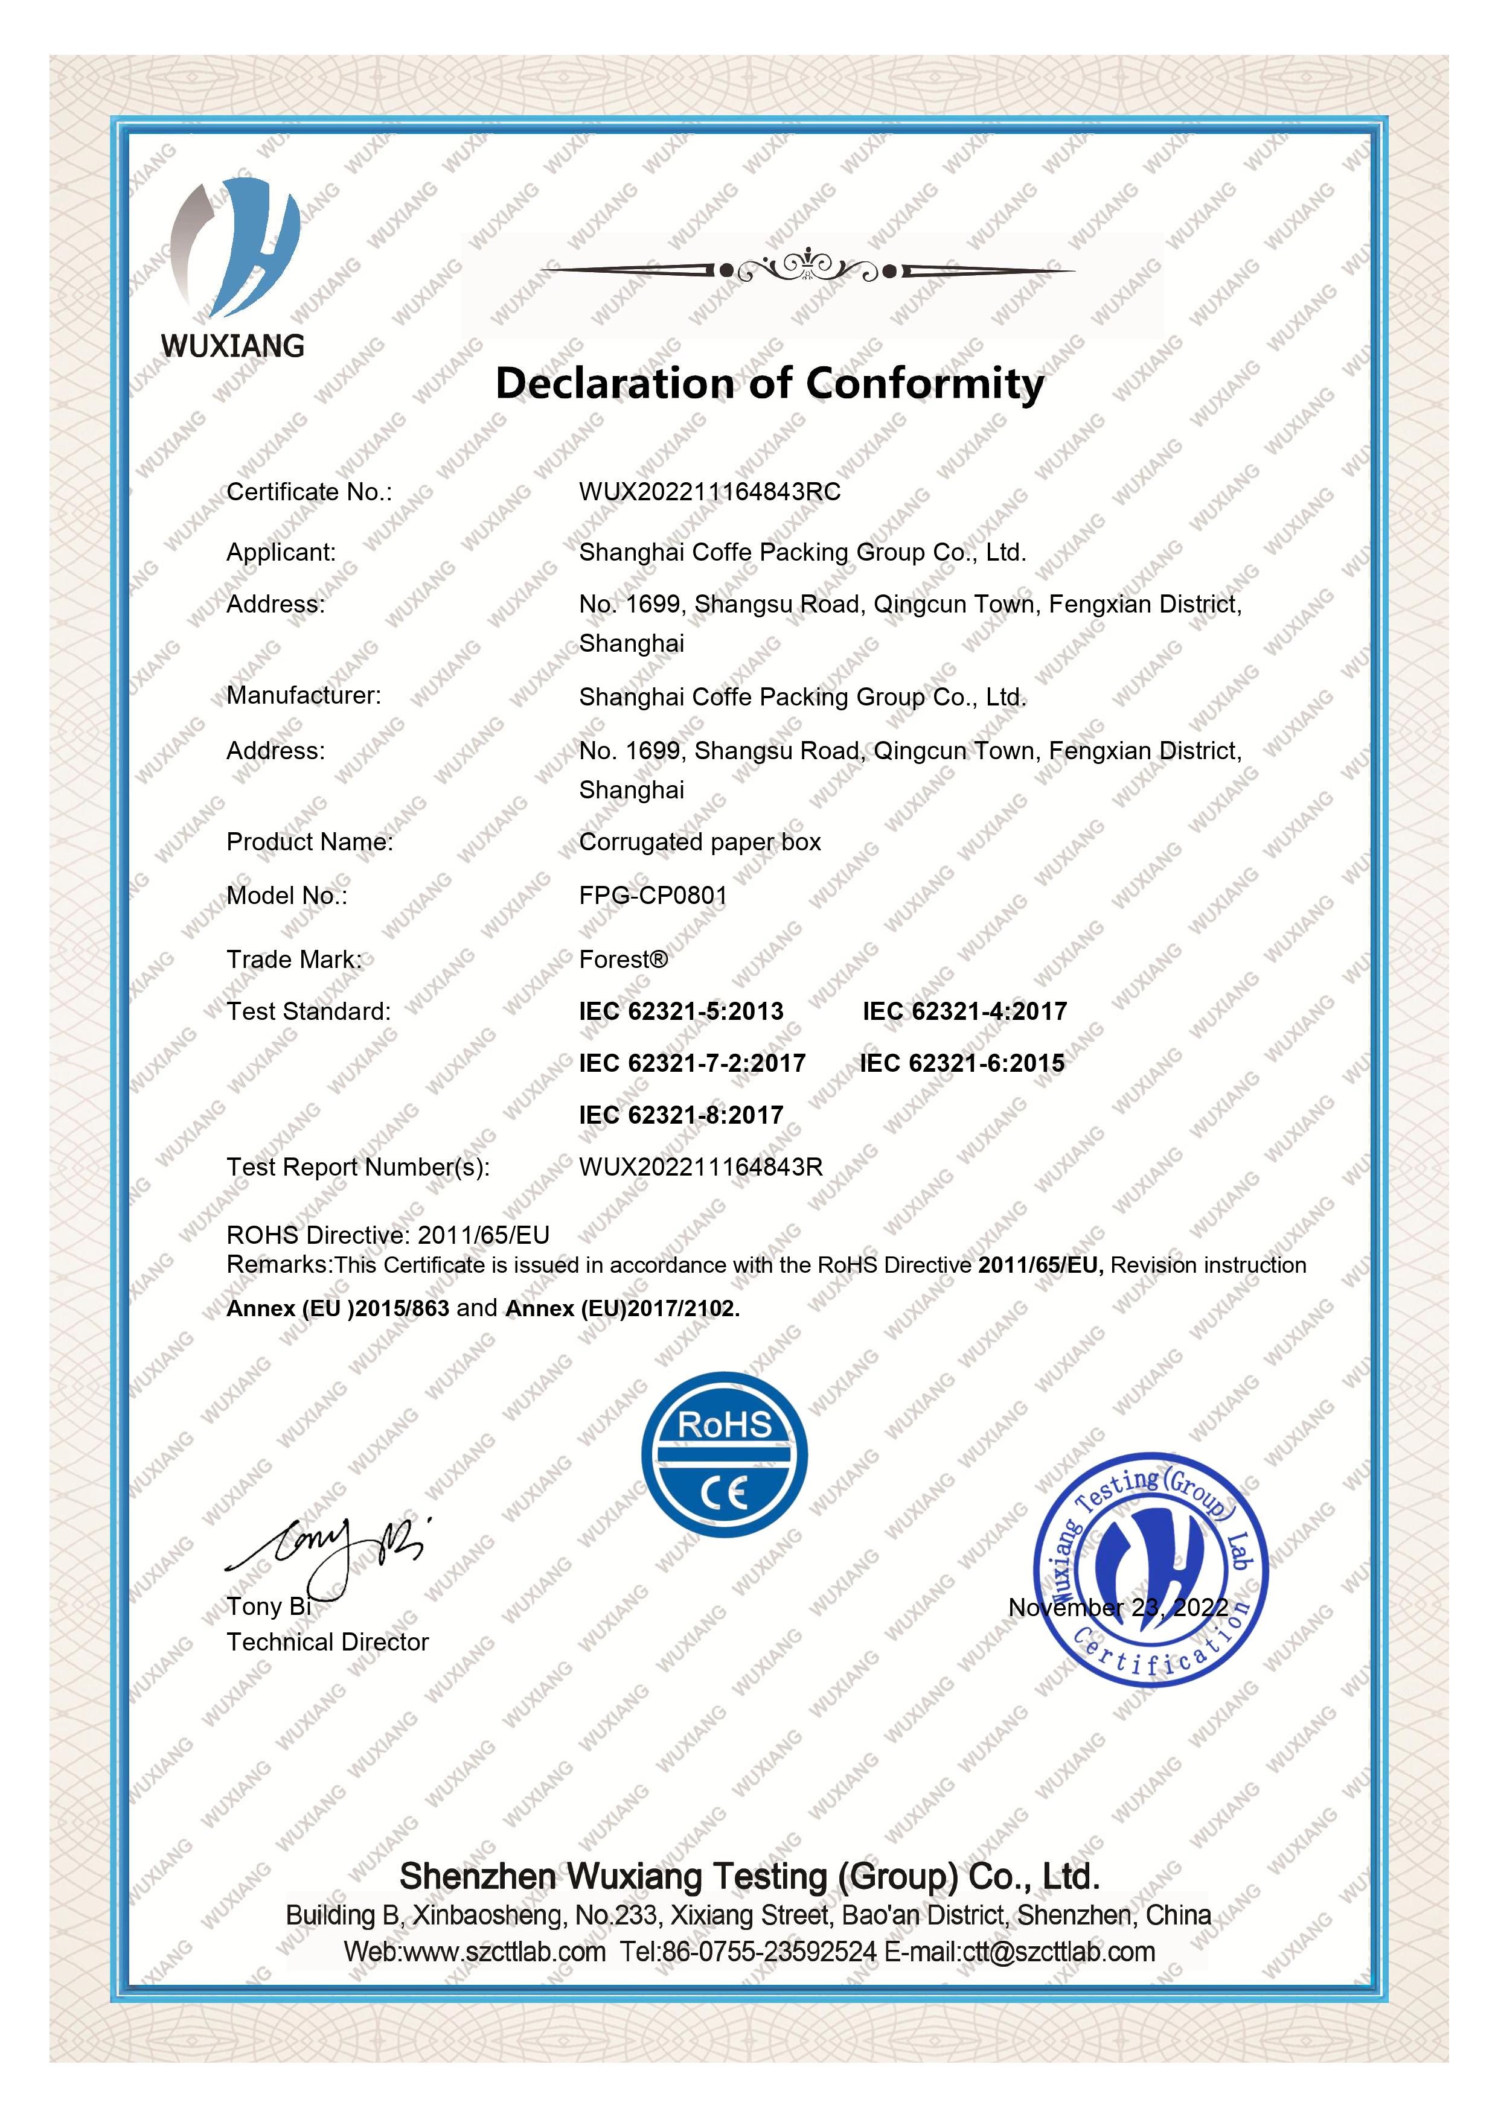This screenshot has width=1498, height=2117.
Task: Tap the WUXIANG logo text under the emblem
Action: tap(232, 346)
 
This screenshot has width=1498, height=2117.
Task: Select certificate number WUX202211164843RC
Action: tap(709, 492)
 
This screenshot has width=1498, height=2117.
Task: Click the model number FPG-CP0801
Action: tap(653, 896)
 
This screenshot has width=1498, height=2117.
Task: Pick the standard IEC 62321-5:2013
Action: tap(680, 1011)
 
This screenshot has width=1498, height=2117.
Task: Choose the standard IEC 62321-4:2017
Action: tap(964, 1011)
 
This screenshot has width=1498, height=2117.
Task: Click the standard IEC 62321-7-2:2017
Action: tap(692, 1063)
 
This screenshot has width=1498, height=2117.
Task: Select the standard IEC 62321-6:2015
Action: tap(962, 1063)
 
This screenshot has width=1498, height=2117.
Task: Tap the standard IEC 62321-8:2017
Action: tap(680, 1115)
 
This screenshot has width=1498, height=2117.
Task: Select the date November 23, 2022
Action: tap(1118, 1608)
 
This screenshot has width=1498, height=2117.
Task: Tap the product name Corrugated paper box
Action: tap(699, 842)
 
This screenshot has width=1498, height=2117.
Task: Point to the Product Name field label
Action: tap(309, 842)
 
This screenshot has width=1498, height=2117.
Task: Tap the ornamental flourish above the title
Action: tap(808, 269)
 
